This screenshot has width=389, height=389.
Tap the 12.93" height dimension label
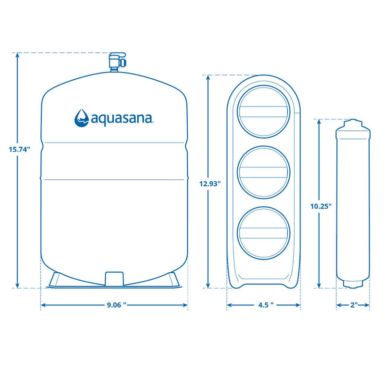tap(210, 183)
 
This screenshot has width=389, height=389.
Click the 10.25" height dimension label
tap(321, 206)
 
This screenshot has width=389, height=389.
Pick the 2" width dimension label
tap(353, 305)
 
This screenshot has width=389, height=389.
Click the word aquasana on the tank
tap(122, 117)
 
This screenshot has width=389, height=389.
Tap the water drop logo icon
tap(81, 117)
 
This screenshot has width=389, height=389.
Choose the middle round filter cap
tap(263, 172)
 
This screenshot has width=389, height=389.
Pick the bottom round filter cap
tap(263, 233)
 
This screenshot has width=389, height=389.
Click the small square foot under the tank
tap(113, 279)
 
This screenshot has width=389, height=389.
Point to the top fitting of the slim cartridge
tap(353, 123)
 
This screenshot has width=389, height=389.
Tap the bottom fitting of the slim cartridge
tap(353, 284)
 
